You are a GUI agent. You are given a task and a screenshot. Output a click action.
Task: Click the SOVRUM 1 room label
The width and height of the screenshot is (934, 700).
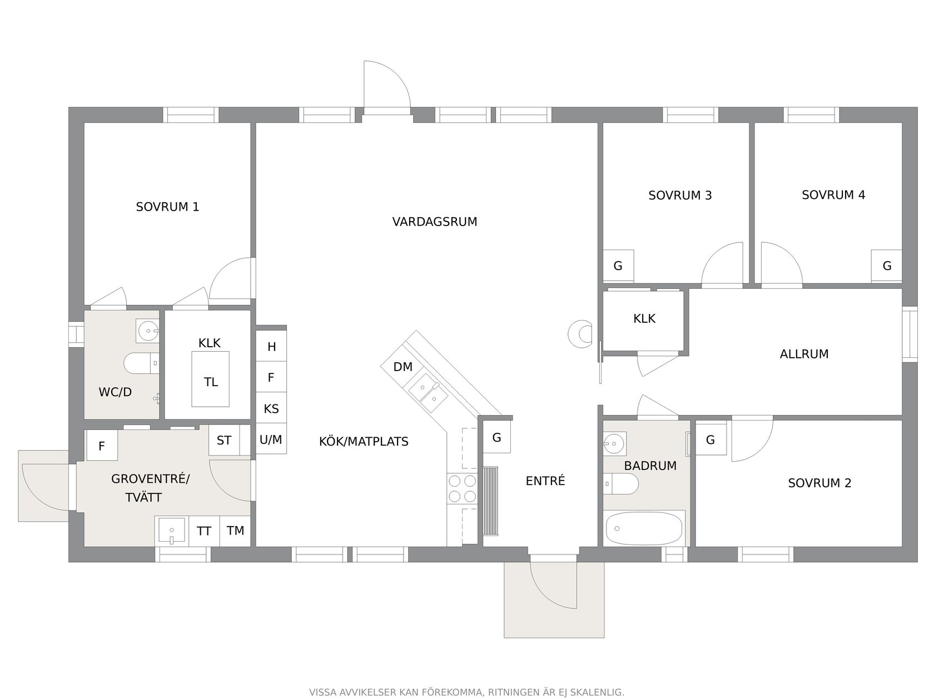coord(167,207)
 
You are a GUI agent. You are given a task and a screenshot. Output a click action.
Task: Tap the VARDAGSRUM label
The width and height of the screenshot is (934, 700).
coord(434,222)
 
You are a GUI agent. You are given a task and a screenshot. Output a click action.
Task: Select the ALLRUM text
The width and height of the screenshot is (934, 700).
coord(804,354)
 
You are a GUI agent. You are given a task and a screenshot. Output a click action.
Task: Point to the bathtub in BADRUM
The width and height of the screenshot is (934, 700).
coord(644,528)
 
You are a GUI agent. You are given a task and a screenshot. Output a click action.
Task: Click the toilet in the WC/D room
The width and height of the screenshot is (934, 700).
coord(142,363)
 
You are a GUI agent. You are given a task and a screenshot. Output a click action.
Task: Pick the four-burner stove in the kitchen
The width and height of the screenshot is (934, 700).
coord(462,489)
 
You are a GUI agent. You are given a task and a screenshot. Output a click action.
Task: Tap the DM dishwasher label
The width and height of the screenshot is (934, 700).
coord(403,367)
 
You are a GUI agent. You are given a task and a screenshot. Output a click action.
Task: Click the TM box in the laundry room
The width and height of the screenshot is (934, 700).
coord(235,531)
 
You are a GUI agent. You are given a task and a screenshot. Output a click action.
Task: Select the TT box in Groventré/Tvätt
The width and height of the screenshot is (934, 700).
coord(204,531)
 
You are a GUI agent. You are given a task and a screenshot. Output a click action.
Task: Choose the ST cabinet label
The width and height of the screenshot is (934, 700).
coord(224,441)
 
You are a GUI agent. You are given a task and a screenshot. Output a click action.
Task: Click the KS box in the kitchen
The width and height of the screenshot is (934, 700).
coord(271,408)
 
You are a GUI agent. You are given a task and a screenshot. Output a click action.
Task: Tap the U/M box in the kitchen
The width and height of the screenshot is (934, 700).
coord(271,439)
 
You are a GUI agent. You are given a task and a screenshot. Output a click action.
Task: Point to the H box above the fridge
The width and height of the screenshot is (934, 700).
coord(271,347)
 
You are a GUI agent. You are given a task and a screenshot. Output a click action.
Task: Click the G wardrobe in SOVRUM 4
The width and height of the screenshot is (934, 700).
coord(887,266)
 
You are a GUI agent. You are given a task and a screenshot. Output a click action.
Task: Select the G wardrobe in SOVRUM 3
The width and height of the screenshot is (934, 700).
coord(618,266)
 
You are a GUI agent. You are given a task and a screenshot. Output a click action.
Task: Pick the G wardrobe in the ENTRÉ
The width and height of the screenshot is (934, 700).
coord(496,437)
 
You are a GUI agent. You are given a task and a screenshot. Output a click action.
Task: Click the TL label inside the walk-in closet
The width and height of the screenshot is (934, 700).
coord(211,382)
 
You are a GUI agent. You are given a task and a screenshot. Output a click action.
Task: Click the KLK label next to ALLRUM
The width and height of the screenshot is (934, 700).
coord(644,319)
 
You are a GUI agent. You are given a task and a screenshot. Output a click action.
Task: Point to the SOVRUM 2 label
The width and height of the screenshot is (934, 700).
coord(819,483)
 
